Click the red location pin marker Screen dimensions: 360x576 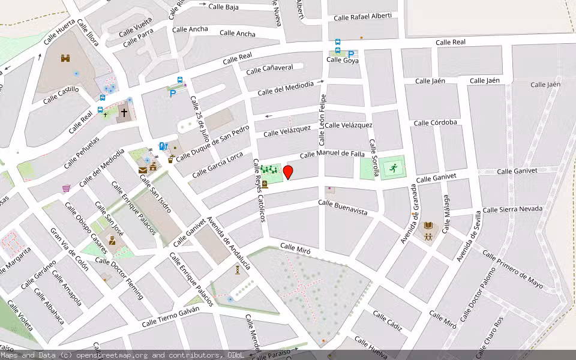pos(288,172)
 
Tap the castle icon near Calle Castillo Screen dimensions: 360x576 pos(65,58)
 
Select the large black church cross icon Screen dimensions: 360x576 pos(124,112)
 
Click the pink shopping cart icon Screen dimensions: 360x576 pos(66,188)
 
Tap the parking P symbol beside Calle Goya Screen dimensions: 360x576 pos(351,54)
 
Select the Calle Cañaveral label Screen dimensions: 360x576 pos(269,69)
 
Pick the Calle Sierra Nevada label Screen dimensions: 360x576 pos(512,209)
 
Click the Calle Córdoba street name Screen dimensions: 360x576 pos(435,123)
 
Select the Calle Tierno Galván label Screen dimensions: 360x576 pos(170,320)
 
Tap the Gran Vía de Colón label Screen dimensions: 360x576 pos(70,249)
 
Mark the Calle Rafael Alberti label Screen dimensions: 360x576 pos(362,17)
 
